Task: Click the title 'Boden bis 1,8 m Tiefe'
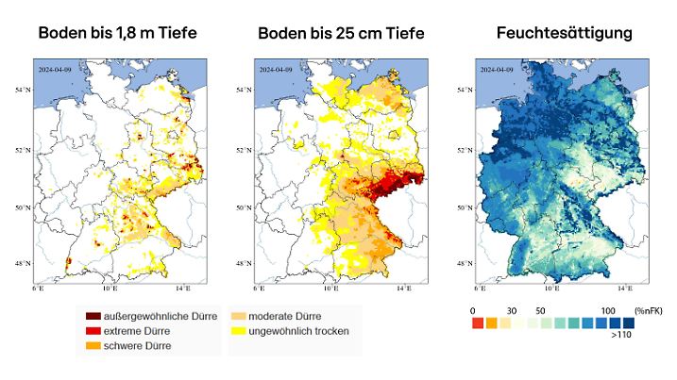pyautogui.click(x=117, y=34)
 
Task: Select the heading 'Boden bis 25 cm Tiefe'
pyautogui.click(x=341, y=34)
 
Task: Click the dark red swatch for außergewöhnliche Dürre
pyautogui.click(x=94, y=315)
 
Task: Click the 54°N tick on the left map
pyautogui.click(x=25, y=91)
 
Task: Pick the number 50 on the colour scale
pyautogui.click(x=540, y=310)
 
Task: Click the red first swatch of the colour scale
pyautogui.click(x=478, y=323)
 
